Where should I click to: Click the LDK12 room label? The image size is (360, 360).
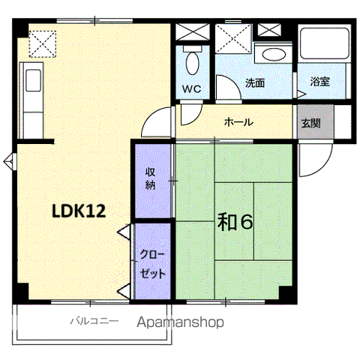tap(79, 211)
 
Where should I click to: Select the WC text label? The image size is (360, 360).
tap(191, 88)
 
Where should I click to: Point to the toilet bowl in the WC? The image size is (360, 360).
tap(193, 63)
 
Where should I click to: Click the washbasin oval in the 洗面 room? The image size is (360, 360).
tap(273, 54)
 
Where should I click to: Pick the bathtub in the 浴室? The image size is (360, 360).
tap(325, 43)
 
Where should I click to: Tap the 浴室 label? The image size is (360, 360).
tap(320, 82)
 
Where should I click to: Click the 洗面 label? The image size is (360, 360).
tap(255, 83)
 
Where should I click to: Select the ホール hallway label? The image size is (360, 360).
tap(238, 122)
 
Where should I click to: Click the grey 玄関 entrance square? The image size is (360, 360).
tap(316, 121)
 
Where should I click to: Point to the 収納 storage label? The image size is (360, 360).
tap(151, 178)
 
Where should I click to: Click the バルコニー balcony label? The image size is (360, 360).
tap(94, 321)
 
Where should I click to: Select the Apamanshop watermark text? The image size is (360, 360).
tap(180, 322)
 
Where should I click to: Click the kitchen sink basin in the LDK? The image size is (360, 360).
tap(33, 80)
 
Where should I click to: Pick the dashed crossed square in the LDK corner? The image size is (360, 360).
tap(43, 44)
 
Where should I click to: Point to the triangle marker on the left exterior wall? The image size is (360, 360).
tap(10, 161)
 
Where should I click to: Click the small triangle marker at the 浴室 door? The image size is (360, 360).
tap(301, 94)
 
